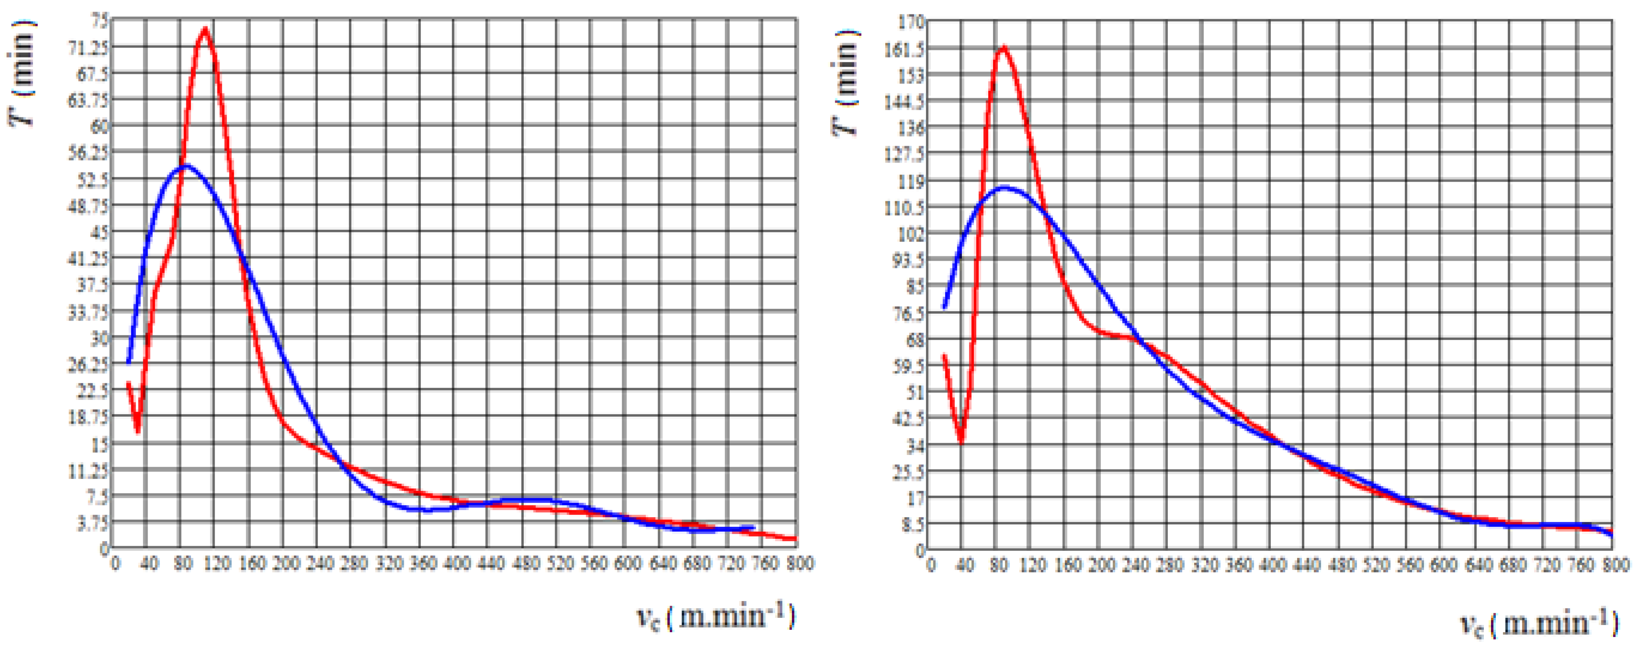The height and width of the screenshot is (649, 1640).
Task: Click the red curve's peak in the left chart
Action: pyautogui.click(x=205, y=29)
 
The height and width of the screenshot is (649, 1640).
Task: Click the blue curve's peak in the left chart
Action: pyautogui.click(x=185, y=166)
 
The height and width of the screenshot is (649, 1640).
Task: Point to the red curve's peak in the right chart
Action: pyautogui.click(x=1004, y=47)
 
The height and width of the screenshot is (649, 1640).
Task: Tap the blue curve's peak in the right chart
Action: pyautogui.click(x=1005, y=188)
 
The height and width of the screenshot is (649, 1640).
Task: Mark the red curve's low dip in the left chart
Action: pyautogui.click(x=137, y=433)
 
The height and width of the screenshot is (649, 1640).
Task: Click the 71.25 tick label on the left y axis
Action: pyautogui.click(x=88, y=47)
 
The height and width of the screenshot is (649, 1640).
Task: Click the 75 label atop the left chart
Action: pyautogui.click(x=100, y=21)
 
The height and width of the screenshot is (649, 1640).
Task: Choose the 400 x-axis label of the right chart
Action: pyautogui.click(x=1273, y=565)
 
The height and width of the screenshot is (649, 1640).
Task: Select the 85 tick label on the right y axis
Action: pyautogui.click(x=914, y=286)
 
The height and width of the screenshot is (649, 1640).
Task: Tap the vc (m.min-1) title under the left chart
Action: pyautogui.click(x=716, y=616)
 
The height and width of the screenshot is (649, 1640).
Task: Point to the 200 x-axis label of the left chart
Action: pyautogui.click(x=286, y=564)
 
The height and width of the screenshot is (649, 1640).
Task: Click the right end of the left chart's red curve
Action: pyautogui.click(x=795, y=539)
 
